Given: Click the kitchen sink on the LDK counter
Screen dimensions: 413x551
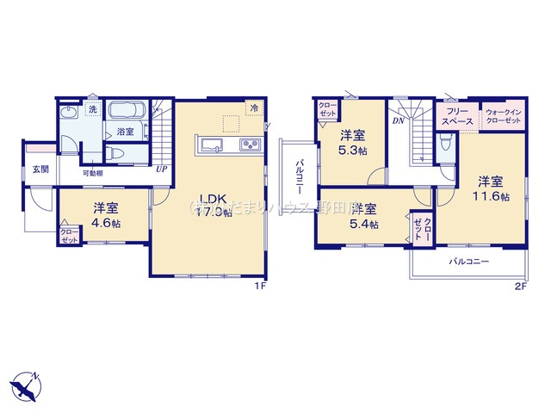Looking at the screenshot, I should point(212,144).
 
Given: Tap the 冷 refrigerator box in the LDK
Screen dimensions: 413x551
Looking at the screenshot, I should point(254,109).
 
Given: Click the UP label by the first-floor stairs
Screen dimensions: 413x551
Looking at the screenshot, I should point(161,169).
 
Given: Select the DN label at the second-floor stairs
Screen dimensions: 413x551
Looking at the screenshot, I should point(398,121).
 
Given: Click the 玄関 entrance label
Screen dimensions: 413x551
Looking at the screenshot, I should point(40,170).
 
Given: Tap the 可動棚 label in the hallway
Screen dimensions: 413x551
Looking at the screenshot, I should point(94,173).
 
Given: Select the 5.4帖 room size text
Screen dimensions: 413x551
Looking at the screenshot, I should point(365,224).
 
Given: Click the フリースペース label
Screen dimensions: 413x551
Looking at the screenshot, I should point(458,118).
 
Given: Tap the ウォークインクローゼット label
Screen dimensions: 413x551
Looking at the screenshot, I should point(503,118).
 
